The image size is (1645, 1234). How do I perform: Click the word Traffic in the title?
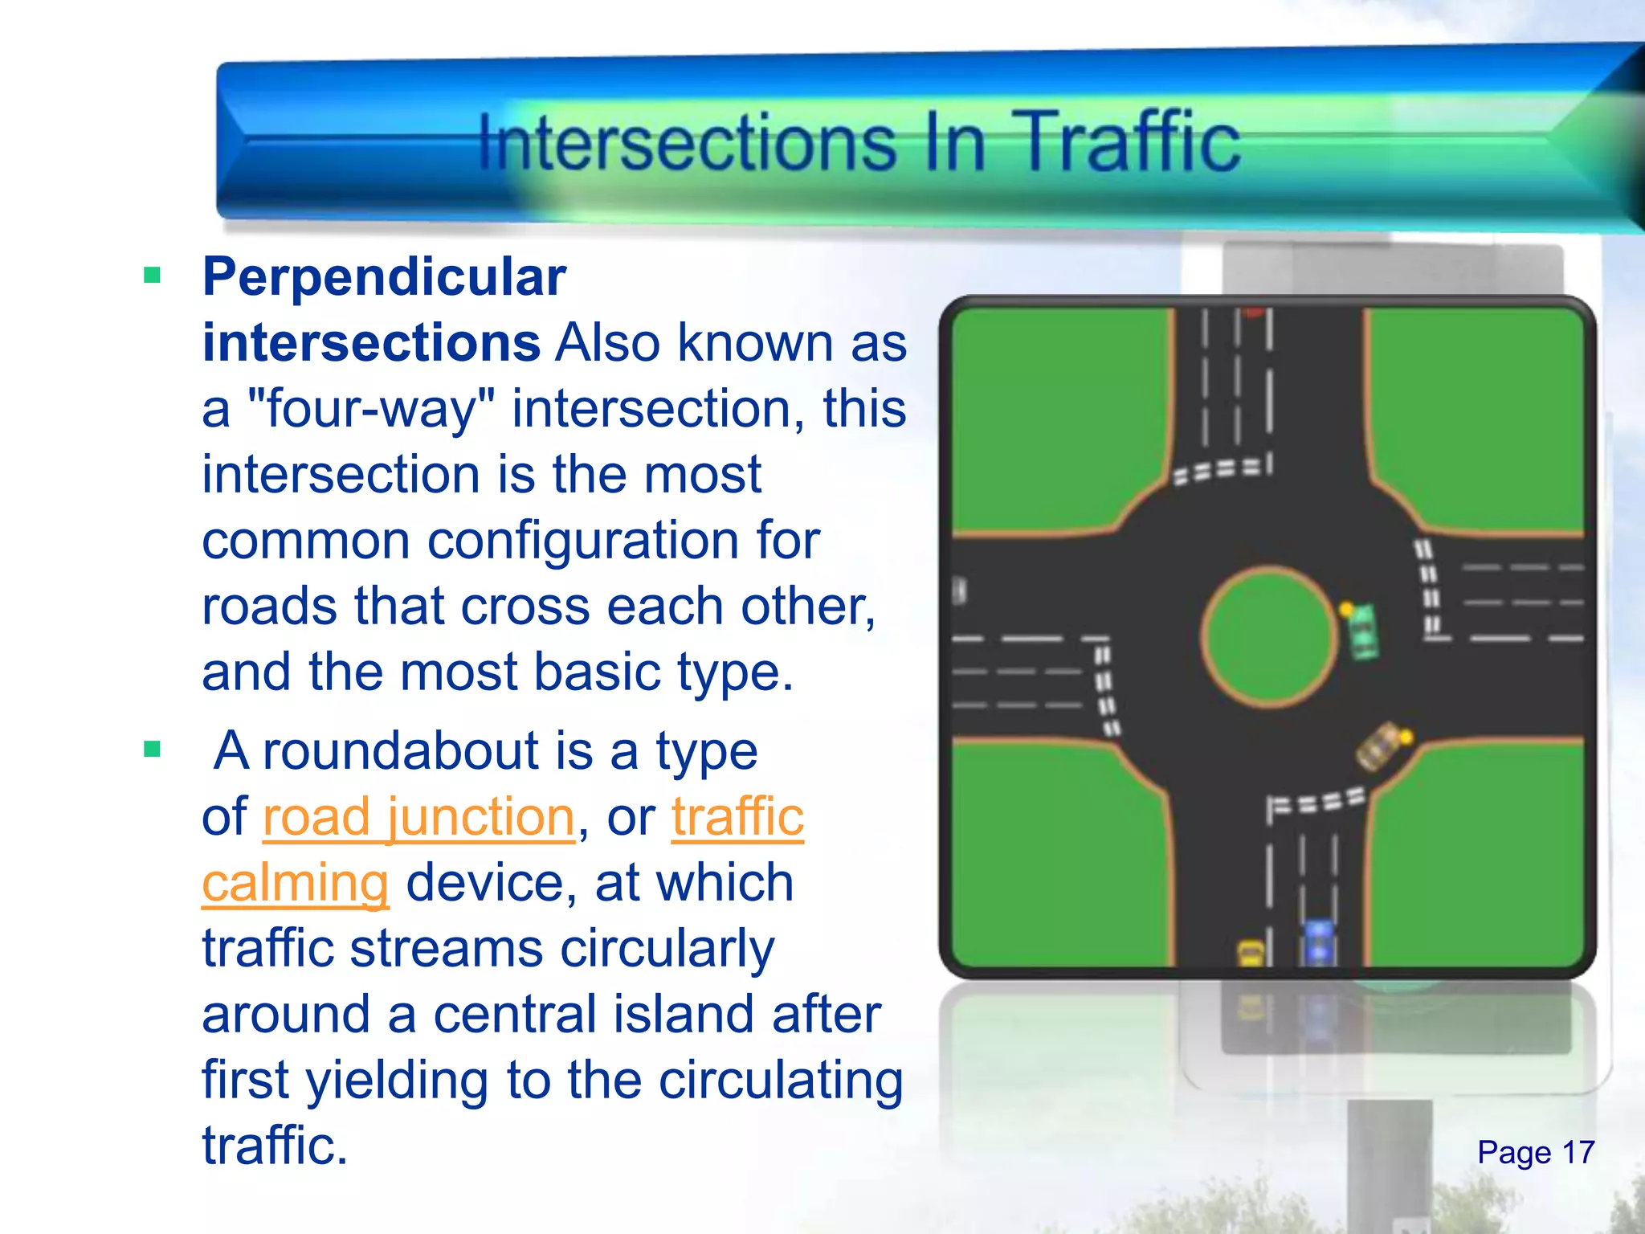1131,143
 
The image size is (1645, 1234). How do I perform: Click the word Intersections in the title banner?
688,143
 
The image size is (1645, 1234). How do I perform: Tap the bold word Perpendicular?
384,277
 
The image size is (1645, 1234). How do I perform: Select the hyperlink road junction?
418,817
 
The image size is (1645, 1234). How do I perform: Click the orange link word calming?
295,883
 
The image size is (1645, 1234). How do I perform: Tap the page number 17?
1578,1153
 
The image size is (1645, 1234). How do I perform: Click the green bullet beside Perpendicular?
152,276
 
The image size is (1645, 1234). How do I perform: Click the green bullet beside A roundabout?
152,750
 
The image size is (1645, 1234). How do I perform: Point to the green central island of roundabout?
1269,636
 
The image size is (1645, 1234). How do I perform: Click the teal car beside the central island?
1363,632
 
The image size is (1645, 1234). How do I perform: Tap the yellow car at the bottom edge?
1251,953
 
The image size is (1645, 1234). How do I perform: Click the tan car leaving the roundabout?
1380,747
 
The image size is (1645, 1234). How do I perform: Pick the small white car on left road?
959,591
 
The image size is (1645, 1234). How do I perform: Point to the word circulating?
781,1081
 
